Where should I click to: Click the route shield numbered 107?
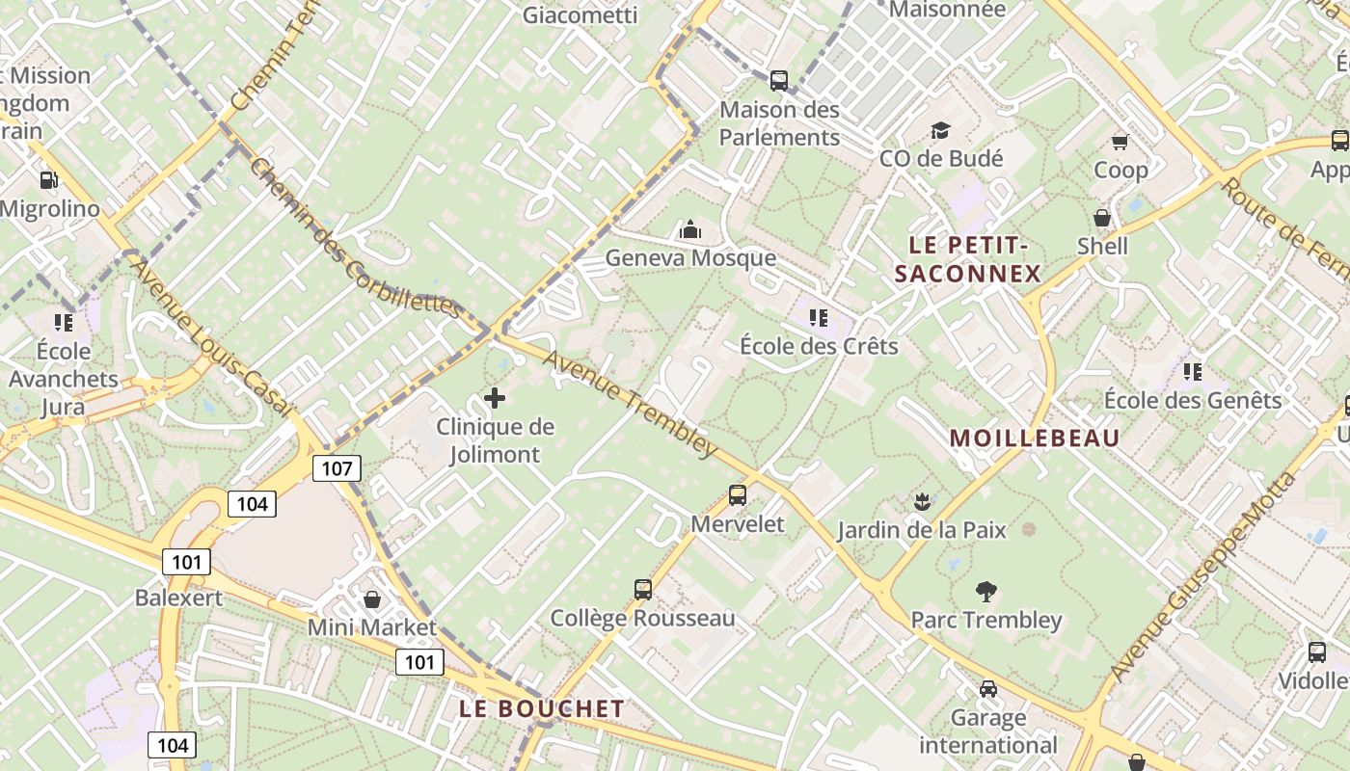tap(337, 469)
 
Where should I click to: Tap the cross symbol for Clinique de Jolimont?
tap(495, 397)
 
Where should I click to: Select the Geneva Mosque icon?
tap(689, 229)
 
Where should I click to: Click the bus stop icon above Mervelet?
tap(738, 495)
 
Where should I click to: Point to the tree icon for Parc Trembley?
tap(985, 591)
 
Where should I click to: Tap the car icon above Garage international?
tap(987, 689)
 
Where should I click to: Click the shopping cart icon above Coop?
tap(1120, 143)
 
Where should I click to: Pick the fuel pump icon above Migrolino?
tap(48, 179)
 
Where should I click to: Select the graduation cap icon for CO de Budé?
tap(939, 130)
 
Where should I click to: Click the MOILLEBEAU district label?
tap(1035, 439)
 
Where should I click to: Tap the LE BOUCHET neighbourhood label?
tap(542, 709)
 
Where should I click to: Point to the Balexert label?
tap(178, 598)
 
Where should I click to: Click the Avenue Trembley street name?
tap(631, 402)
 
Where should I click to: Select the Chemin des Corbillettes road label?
tap(355, 237)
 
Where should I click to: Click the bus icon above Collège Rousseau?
tap(642, 589)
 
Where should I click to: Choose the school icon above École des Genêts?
tap(1192, 371)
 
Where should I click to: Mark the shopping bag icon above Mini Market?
tap(371, 599)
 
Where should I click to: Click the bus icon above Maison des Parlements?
tap(778, 81)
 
